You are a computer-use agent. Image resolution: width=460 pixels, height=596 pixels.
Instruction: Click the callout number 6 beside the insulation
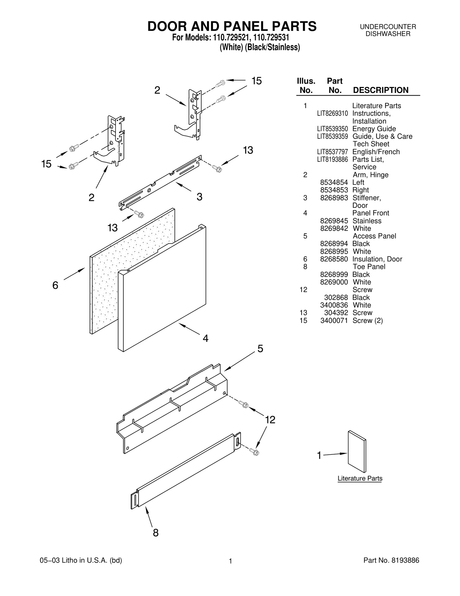click(55, 285)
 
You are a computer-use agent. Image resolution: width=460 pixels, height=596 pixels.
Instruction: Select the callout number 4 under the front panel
click(205, 338)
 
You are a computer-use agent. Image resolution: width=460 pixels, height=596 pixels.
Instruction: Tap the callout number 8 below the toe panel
click(156, 533)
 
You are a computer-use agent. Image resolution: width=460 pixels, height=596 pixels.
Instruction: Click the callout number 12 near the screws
click(270, 420)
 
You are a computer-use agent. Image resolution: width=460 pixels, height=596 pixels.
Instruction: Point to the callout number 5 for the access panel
click(260, 349)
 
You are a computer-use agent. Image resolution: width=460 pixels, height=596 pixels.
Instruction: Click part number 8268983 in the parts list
click(334, 198)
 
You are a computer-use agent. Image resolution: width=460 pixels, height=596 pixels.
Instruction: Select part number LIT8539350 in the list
click(332, 129)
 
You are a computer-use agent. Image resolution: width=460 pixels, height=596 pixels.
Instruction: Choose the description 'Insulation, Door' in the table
click(377, 259)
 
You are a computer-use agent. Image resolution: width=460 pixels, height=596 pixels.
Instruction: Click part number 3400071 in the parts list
click(334, 320)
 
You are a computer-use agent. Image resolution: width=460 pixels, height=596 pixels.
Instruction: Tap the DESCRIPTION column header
click(380, 90)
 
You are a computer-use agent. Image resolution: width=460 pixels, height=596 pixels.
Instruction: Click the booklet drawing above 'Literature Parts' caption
click(357, 452)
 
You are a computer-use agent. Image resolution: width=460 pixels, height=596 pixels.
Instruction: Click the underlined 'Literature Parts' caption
click(360, 478)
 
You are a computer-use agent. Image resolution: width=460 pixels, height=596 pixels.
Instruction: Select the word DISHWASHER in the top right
click(388, 34)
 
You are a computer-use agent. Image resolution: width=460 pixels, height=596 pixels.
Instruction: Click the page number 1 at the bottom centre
click(230, 561)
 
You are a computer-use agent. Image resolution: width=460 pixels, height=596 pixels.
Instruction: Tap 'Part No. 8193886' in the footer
click(391, 560)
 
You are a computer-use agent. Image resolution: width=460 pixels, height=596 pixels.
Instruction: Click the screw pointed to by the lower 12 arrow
click(254, 452)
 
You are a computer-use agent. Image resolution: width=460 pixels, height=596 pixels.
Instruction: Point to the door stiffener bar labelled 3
click(161, 182)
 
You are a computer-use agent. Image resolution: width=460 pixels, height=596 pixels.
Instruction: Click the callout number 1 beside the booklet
click(319, 455)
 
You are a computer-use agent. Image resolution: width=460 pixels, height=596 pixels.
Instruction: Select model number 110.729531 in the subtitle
click(271, 38)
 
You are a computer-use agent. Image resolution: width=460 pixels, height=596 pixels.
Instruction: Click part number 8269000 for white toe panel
click(334, 282)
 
